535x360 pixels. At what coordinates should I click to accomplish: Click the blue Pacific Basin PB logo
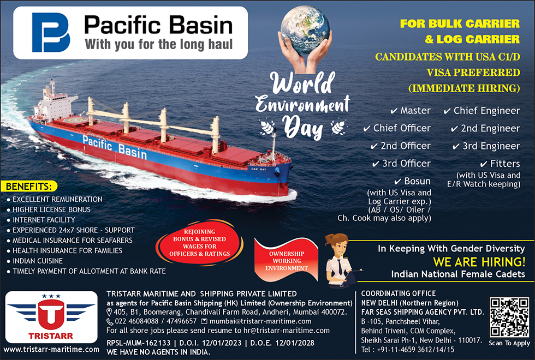tap(51, 32)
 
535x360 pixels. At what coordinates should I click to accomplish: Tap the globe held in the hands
tap(305, 30)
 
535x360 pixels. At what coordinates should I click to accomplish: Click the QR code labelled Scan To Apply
tap(509, 317)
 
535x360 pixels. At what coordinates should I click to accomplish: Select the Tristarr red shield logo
tap(51, 314)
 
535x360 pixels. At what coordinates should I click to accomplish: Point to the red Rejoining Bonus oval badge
tap(200, 243)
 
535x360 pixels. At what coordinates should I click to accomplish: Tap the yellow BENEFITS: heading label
tap(29, 187)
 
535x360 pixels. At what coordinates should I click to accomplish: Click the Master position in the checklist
tap(411, 111)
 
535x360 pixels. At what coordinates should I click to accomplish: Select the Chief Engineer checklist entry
tap(481, 111)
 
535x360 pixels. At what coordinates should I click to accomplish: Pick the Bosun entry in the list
tap(413, 181)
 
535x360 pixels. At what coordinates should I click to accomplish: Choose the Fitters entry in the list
tap(500, 164)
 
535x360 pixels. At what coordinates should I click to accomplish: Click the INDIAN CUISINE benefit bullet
tap(35, 261)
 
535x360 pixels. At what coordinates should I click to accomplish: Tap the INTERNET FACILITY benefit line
tap(41, 220)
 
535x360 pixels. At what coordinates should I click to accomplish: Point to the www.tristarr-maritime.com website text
tap(51, 350)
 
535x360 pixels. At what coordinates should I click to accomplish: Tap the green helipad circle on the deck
tap(73, 120)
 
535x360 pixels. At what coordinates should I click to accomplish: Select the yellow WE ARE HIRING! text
tap(479, 262)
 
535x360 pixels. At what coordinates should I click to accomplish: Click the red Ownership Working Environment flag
tap(286, 260)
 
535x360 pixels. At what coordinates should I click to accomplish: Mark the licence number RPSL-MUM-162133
tap(139, 343)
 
